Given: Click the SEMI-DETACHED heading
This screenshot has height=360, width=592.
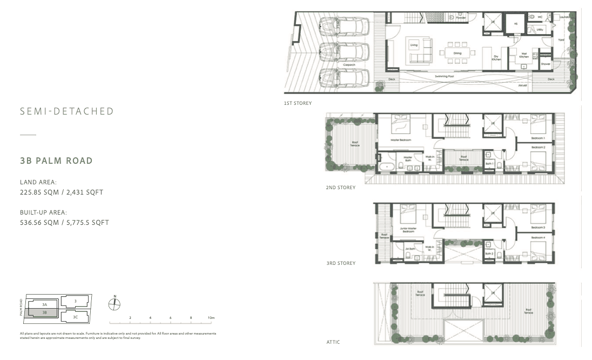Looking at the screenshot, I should (67, 111).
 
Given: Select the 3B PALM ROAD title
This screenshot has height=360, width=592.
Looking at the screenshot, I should (56, 161).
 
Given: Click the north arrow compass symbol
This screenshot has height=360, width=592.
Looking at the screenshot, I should (115, 304).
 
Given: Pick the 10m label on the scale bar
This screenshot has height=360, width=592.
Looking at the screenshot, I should (211, 318).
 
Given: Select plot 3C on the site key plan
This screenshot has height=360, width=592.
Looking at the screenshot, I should (76, 317).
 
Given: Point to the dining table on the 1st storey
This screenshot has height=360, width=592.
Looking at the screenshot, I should (457, 53).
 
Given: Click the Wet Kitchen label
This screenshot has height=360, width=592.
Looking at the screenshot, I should (523, 55).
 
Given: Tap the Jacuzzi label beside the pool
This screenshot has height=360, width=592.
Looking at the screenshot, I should (522, 85).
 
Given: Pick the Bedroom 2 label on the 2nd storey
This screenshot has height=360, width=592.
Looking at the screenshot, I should (538, 147).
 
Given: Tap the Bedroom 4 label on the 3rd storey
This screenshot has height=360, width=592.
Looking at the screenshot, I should (538, 237).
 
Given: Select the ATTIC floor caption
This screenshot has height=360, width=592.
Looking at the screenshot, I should (333, 342).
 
